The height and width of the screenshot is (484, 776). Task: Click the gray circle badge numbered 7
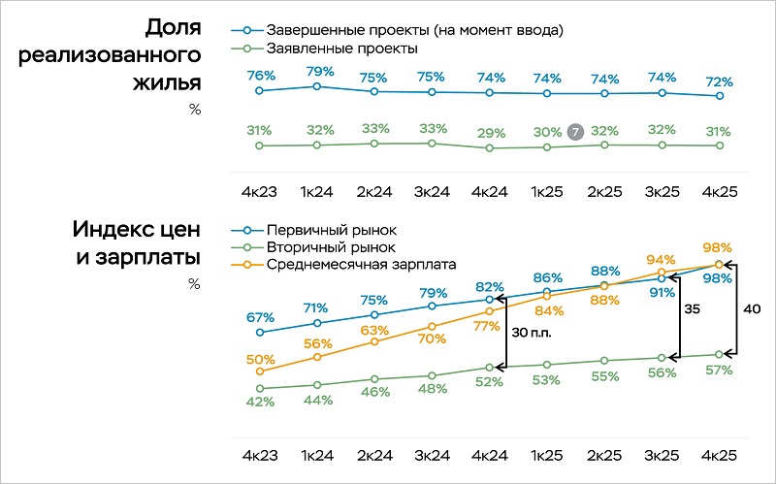[x=575, y=131]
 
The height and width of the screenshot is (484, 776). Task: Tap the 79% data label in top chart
[x=317, y=71]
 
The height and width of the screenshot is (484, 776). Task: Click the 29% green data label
[x=490, y=132]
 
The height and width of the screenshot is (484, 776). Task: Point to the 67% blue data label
[x=260, y=317]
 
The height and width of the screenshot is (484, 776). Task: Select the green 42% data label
[x=260, y=403]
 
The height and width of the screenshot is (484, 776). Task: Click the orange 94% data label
[x=661, y=260]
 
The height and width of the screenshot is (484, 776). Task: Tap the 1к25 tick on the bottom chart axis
[x=547, y=453]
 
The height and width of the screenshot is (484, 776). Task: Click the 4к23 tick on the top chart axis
[x=260, y=191]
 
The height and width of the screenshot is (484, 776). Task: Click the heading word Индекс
[x=106, y=230]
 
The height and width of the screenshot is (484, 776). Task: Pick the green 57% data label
[x=719, y=370]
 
